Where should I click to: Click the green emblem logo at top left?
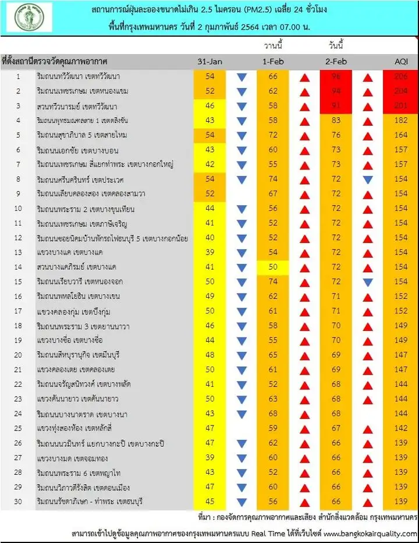coord(33,17)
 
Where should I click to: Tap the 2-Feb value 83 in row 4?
coord(336,121)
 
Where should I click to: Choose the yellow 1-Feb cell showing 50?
coord(273,267)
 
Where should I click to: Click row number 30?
coord(17,502)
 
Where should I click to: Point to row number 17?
coord(17,311)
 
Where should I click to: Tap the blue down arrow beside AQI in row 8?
coord(368,179)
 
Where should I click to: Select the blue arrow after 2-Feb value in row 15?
coord(368,282)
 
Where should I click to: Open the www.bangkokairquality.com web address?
coord(368,533)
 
